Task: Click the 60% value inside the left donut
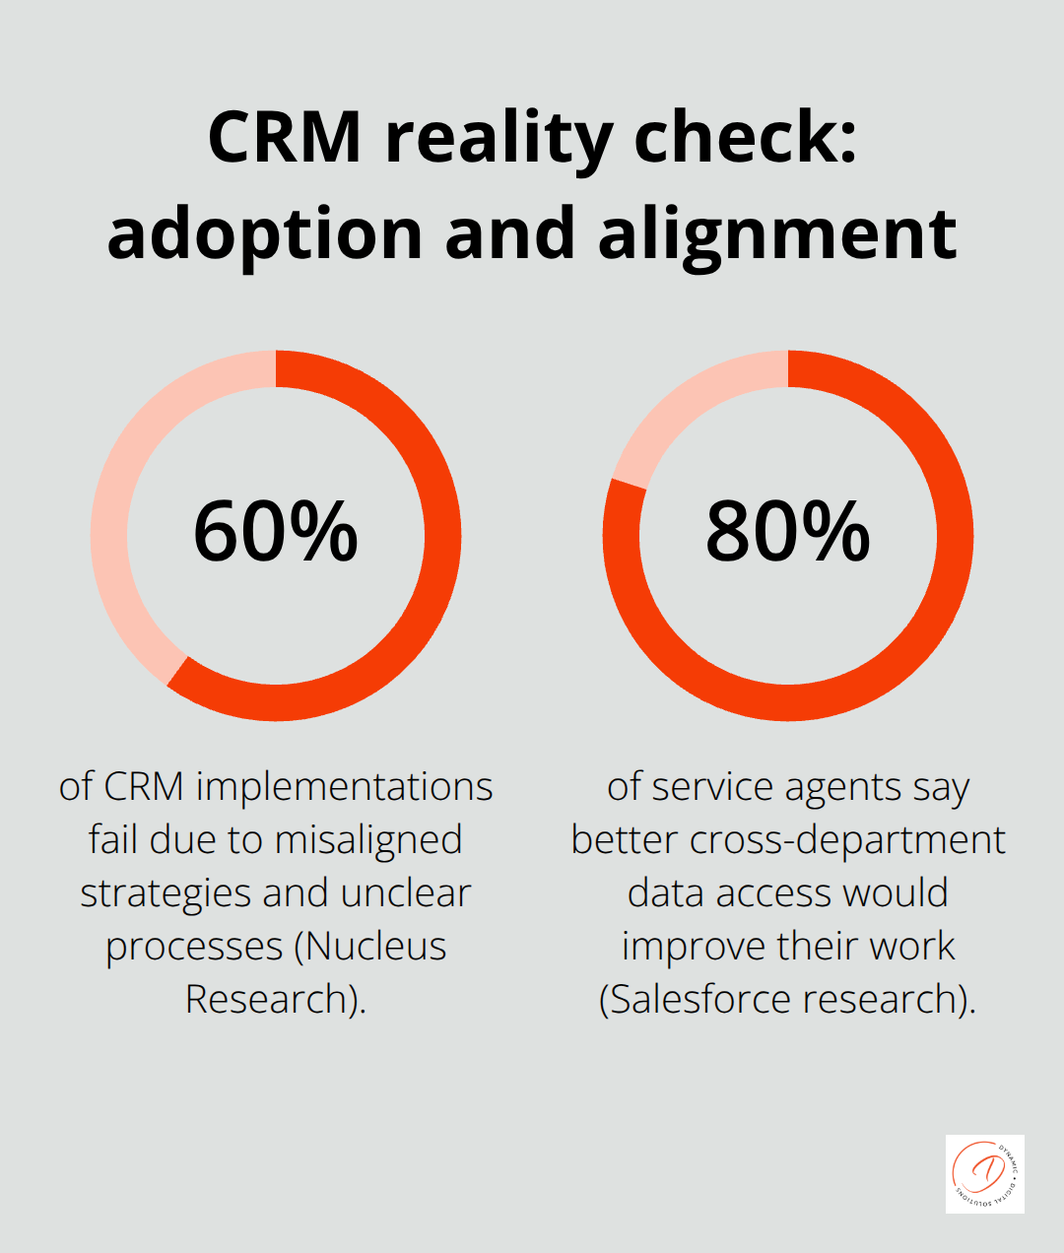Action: click(x=275, y=532)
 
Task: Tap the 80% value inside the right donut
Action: click(x=787, y=532)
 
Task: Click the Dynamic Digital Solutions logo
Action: click(x=984, y=1173)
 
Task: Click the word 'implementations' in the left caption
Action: click(x=344, y=787)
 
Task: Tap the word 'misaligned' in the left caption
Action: click(x=368, y=840)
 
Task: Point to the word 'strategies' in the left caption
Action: click(x=166, y=893)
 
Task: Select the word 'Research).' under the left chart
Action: click(x=276, y=1000)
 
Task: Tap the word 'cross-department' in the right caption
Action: click(x=847, y=840)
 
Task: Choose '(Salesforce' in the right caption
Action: click(x=696, y=1000)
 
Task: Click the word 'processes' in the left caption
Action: click(x=194, y=947)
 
